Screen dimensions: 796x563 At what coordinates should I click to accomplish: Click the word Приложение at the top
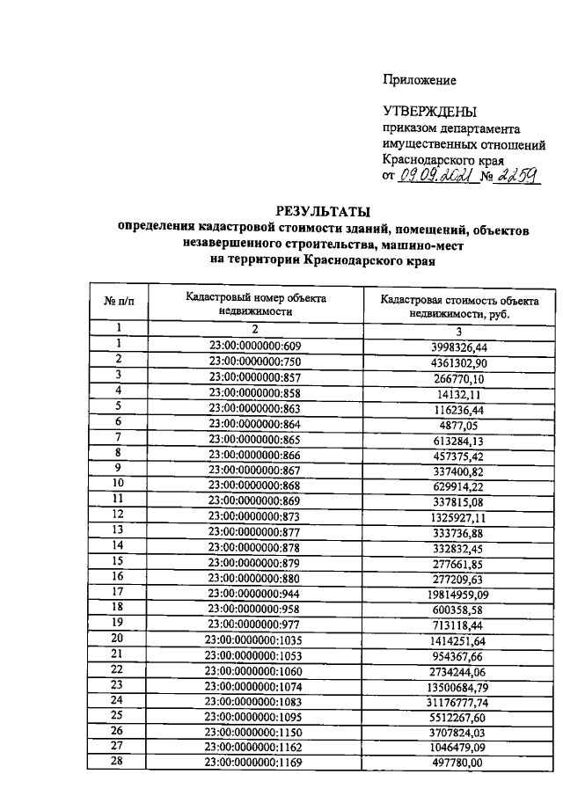420,80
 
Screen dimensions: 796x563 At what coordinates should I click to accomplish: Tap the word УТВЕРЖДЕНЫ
429,112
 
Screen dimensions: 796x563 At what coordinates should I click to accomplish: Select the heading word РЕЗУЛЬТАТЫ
323,211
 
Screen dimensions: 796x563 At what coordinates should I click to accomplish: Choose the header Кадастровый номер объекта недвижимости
255,304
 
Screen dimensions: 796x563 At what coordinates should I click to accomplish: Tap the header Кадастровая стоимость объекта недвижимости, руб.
459,307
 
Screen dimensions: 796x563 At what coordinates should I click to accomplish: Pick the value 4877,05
459,421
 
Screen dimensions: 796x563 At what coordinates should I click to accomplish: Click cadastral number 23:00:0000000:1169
255,763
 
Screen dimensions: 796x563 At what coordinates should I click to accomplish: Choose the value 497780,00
459,763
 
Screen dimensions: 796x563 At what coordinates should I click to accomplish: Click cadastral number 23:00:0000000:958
255,608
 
